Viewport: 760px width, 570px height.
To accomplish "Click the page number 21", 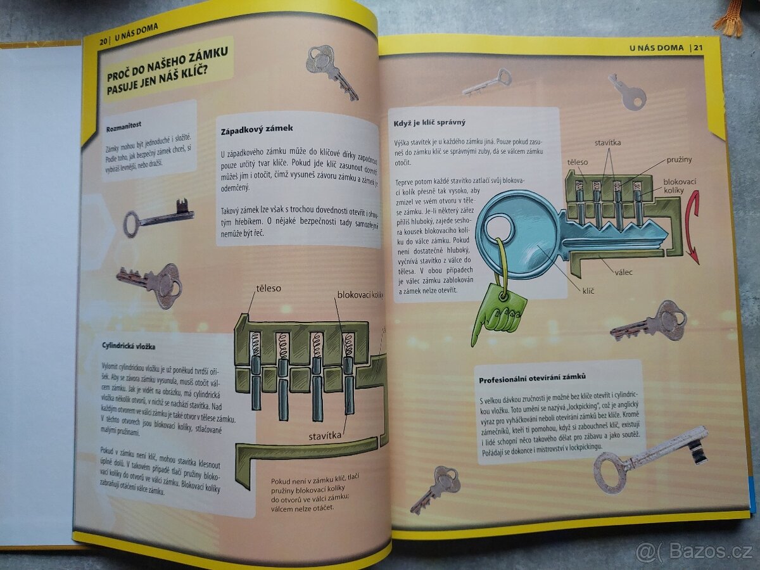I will pos(698,47).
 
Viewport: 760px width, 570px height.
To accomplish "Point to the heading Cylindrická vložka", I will pos(129,346).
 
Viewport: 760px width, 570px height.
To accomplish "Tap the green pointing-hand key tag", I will pos(500,310).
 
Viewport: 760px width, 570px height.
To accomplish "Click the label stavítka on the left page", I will pos(326,435).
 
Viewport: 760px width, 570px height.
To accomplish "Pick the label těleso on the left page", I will pos(269,288).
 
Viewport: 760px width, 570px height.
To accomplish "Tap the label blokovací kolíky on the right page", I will pos(680,186).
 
